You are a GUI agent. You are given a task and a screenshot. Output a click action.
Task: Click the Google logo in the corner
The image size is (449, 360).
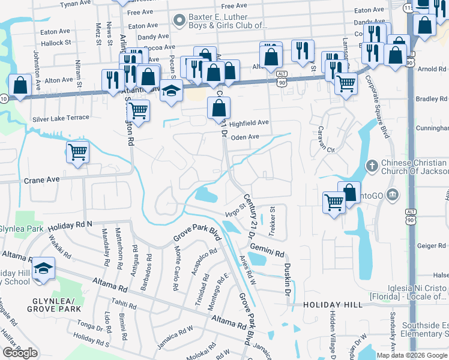[20, 353]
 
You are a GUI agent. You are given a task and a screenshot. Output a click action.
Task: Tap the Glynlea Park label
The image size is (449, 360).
[21, 229]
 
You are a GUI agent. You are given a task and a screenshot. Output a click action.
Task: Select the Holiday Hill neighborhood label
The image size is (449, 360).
[333, 305]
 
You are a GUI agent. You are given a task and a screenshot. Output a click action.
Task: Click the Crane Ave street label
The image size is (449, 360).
[41, 179]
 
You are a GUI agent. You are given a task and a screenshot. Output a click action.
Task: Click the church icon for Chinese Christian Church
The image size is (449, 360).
[372, 165]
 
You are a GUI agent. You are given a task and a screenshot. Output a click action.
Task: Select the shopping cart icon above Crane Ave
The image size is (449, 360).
[78, 152]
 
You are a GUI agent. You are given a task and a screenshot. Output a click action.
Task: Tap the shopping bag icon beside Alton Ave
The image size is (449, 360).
[20, 85]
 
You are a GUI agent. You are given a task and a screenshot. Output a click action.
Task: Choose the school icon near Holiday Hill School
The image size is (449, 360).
[43, 268]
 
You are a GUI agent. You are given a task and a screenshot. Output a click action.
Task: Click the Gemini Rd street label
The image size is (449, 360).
[267, 250]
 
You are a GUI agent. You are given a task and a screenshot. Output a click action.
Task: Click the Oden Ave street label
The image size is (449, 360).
[245, 137]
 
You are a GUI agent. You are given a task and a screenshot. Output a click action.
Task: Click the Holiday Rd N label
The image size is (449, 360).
[69, 225]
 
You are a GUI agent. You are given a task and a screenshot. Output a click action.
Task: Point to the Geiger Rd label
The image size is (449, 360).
[431, 245]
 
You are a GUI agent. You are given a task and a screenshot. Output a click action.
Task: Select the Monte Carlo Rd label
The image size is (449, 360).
[176, 269]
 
